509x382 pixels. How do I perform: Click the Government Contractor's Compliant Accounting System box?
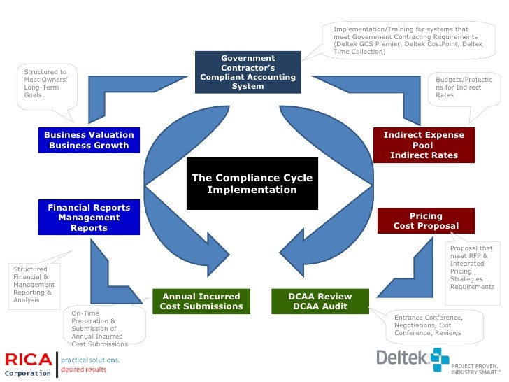248,72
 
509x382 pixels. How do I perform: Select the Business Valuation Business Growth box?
89,140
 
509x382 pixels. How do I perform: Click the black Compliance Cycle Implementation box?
252,184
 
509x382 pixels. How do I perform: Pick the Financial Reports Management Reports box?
89,218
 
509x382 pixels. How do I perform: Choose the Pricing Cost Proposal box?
426,221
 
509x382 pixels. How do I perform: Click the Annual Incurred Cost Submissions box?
201,301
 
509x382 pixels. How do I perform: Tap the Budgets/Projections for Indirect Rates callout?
464,88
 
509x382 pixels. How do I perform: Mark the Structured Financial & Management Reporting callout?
35,285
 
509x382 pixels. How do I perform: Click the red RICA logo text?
28,360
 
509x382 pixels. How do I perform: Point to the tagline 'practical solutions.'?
90,360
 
